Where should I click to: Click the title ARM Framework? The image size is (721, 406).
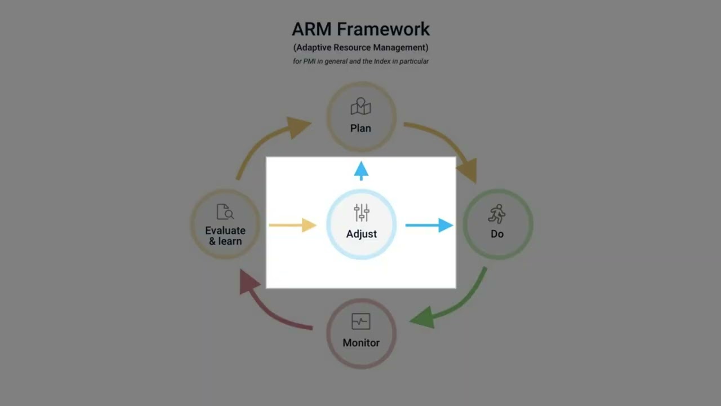360,29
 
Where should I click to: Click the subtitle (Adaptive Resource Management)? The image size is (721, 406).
360,47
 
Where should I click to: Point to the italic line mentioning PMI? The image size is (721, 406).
360,61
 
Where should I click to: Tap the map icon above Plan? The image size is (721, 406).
360,107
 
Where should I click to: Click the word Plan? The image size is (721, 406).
360,128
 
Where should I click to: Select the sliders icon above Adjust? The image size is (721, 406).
362,213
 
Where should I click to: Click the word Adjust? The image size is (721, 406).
362,233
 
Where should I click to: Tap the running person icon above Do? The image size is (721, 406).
497,214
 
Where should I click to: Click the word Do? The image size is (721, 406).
497,233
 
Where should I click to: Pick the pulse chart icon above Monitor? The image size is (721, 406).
360,321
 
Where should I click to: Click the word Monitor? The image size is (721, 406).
361,342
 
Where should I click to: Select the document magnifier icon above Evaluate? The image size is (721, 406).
225,212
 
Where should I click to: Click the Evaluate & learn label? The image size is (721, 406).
225,236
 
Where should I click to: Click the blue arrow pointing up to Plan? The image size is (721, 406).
361,170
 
